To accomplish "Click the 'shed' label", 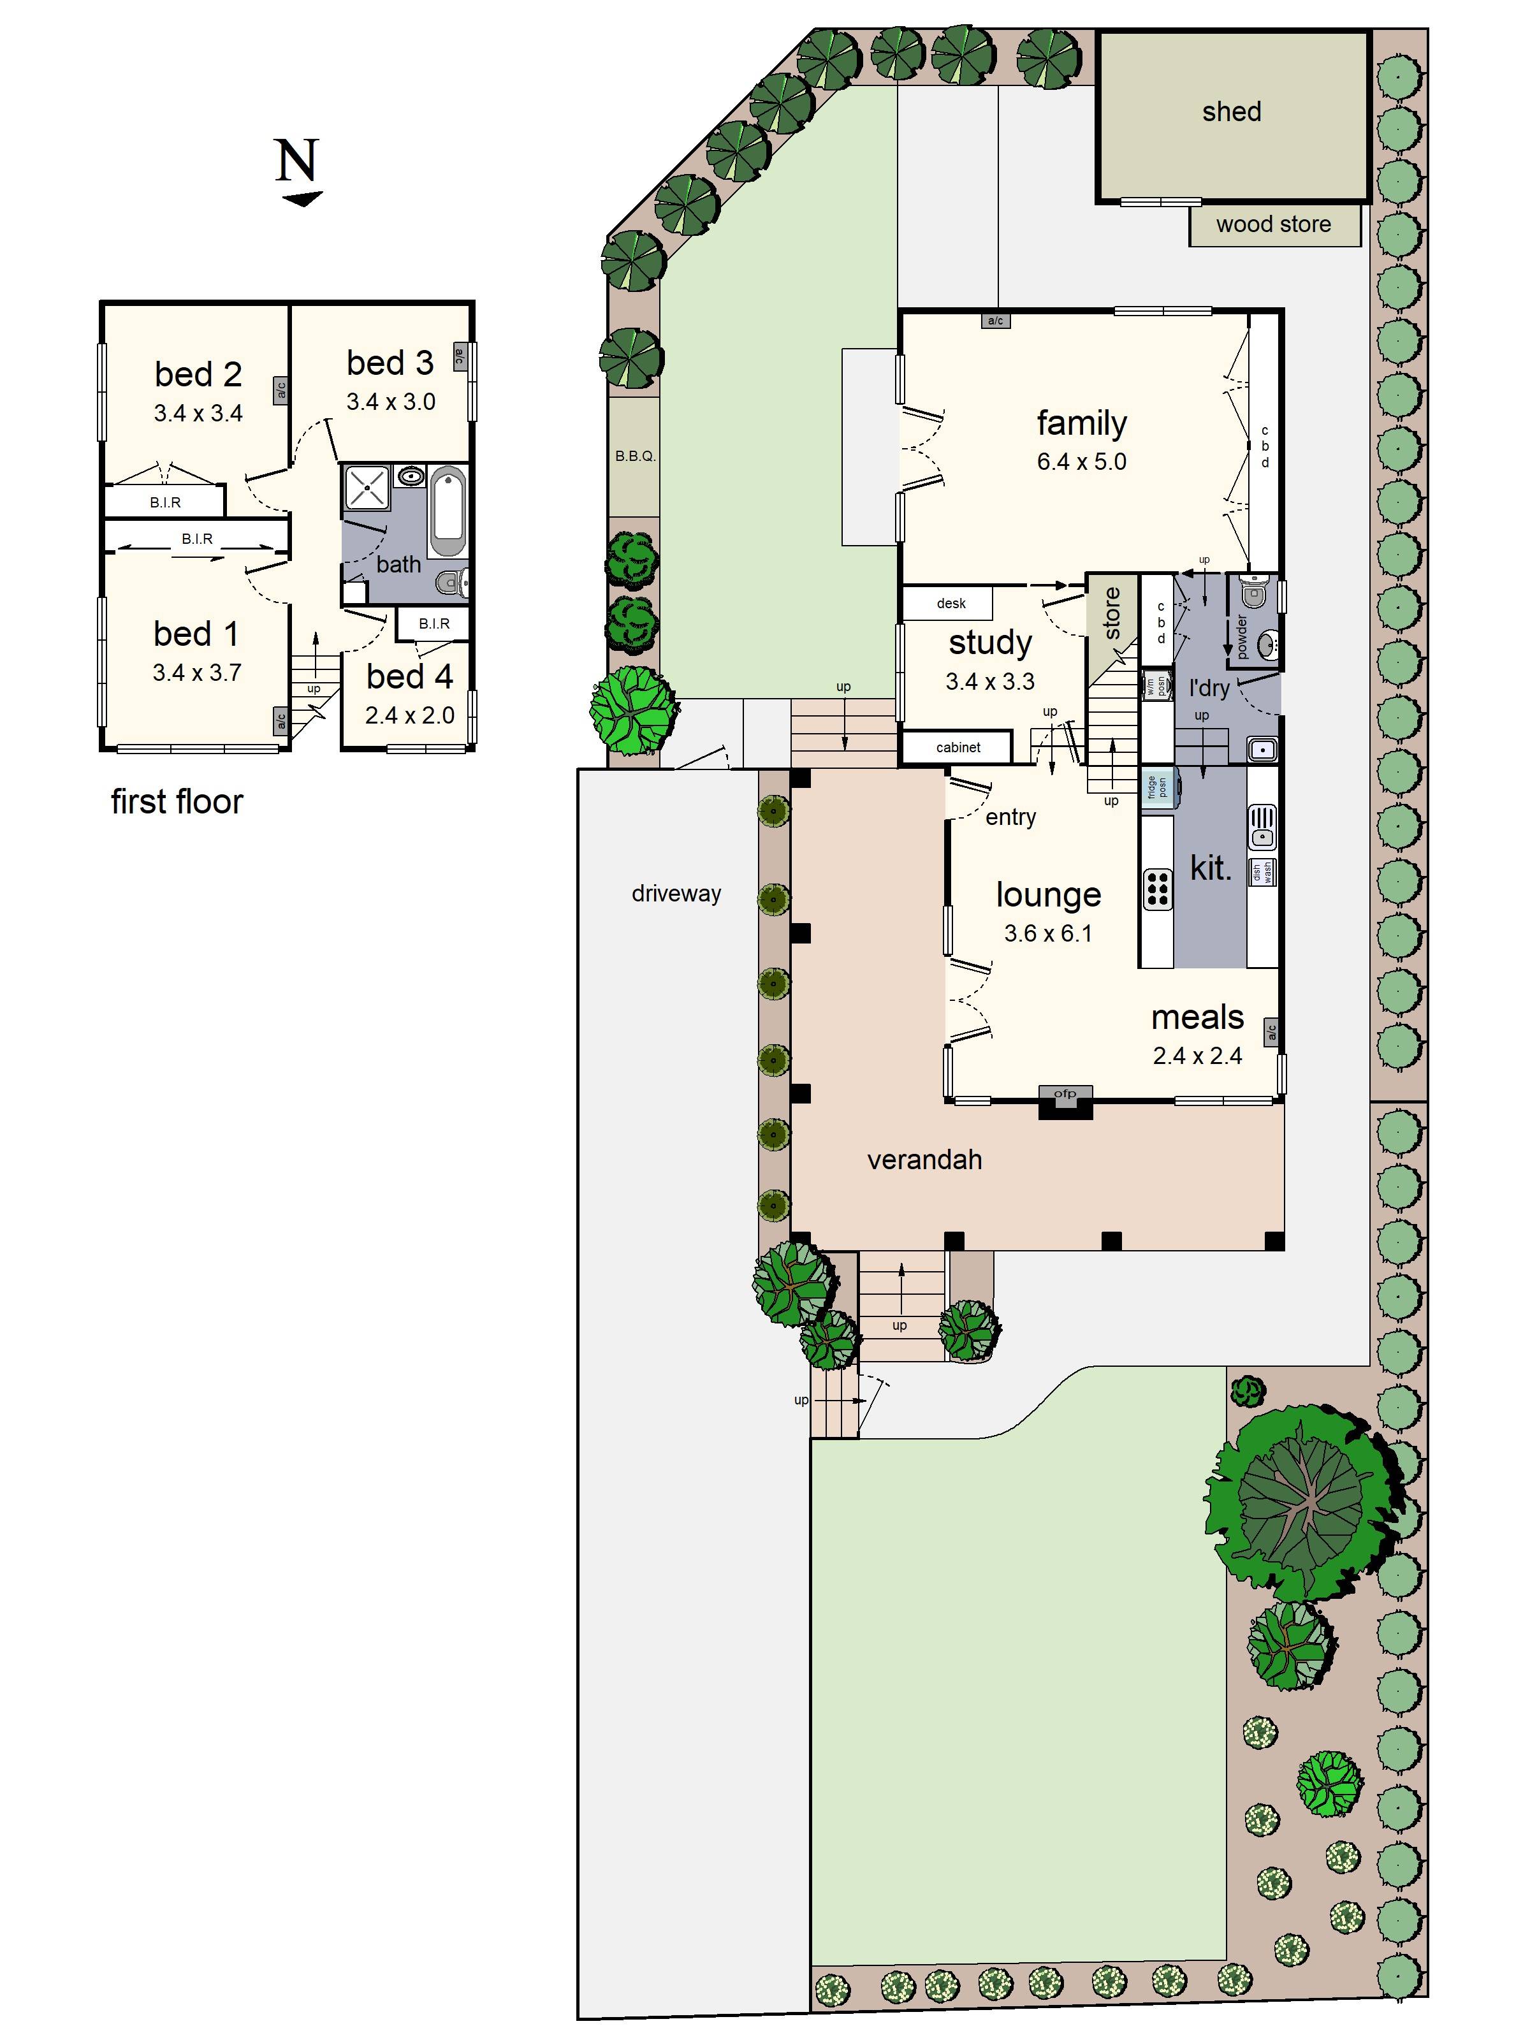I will pos(1230,112).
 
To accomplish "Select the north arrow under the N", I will pos(302,198).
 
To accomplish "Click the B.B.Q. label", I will pos(634,456).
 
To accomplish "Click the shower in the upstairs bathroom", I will pos(366,488).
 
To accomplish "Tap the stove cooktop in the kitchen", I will pos(1158,887).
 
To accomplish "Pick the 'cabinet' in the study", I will pos(958,747).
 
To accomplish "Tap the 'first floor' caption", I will pos(177,801).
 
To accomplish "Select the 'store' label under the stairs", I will pos(1112,613).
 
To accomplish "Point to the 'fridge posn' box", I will pos(1158,787).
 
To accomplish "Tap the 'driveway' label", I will pos(676,892).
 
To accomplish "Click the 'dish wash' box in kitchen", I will pos(1262,871).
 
